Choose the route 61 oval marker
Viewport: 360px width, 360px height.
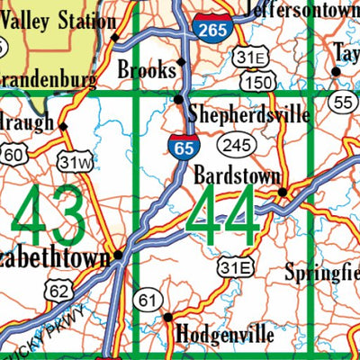(x=146, y=299)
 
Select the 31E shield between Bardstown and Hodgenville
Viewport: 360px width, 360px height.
(x=236, y=266)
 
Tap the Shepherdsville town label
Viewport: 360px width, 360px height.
(x=248, y=115)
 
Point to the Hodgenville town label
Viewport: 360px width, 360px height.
(x=225, y=334)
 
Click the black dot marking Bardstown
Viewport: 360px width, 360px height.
(x=282, y=192)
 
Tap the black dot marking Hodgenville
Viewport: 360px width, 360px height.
(x=167, y=317)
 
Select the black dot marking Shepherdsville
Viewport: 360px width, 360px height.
(x=179, y=99)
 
